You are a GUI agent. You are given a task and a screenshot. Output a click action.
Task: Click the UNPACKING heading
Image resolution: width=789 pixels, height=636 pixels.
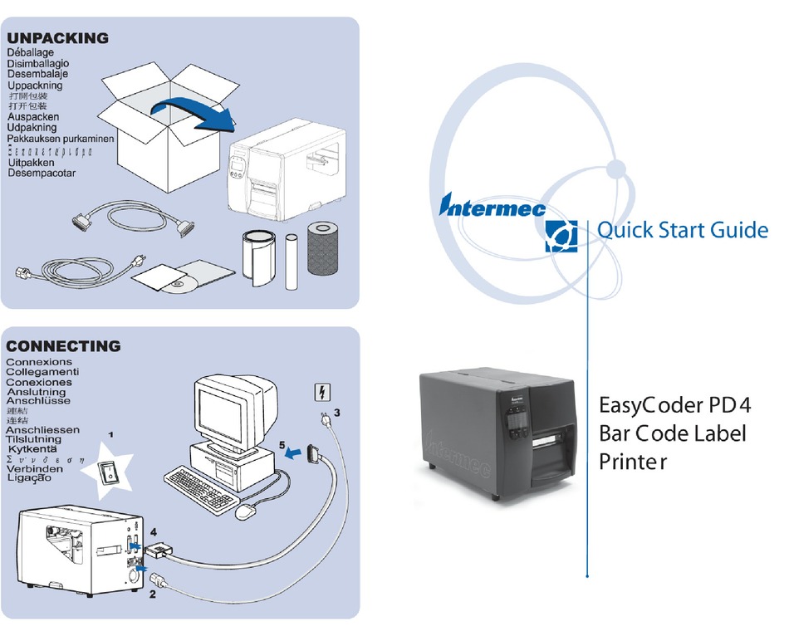58,38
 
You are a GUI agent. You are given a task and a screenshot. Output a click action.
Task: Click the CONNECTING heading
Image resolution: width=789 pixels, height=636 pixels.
63,346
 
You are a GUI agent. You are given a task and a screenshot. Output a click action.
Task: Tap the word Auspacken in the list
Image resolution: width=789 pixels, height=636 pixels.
33,117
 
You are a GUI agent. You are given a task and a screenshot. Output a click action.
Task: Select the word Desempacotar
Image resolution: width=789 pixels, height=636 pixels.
42,173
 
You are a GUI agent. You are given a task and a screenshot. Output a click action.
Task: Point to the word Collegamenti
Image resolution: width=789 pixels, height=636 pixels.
42,372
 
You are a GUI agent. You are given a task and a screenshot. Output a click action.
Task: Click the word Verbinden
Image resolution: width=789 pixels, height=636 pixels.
34,468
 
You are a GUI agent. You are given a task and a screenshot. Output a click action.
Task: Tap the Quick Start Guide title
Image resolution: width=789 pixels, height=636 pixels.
682,230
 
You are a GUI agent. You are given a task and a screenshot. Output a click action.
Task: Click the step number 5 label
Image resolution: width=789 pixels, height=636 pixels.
283,445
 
